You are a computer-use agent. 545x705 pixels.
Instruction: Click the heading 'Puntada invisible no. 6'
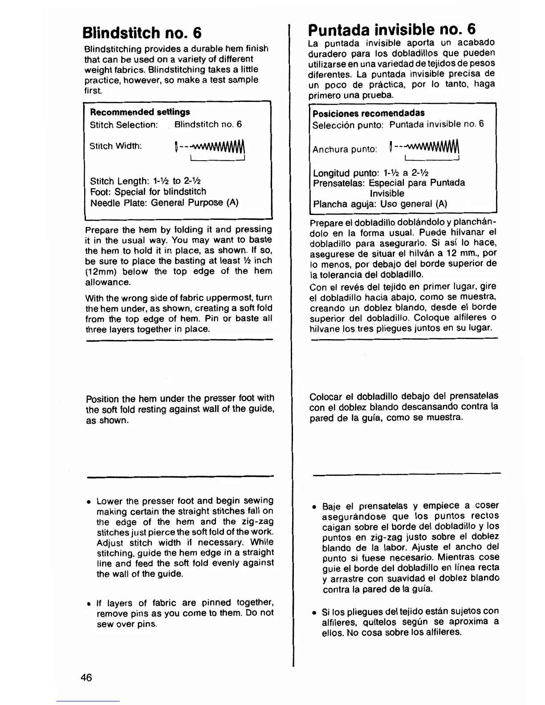coord(392,29)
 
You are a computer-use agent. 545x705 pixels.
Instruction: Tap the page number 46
coord(86,677)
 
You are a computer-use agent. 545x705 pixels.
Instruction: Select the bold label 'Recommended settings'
coord(140,112)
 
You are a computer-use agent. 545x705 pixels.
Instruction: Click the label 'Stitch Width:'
coord(115,146)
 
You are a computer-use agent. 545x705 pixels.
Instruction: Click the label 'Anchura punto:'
coord(345,149)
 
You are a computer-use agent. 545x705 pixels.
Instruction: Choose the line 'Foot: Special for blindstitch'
coord(148,192)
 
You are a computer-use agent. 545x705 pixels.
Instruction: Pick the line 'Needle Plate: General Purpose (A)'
coord(164,203)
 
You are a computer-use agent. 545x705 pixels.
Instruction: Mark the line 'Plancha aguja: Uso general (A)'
coord(380,204)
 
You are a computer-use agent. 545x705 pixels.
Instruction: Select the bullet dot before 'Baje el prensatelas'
coord(314,507)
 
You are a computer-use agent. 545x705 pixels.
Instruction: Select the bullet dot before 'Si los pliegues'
coord(314,612)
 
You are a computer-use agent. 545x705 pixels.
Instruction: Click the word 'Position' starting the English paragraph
coord(102,399)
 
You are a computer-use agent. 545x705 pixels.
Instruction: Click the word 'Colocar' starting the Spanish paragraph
coord(326,397)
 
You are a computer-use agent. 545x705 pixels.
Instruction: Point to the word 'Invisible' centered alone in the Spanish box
coord(387,194)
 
